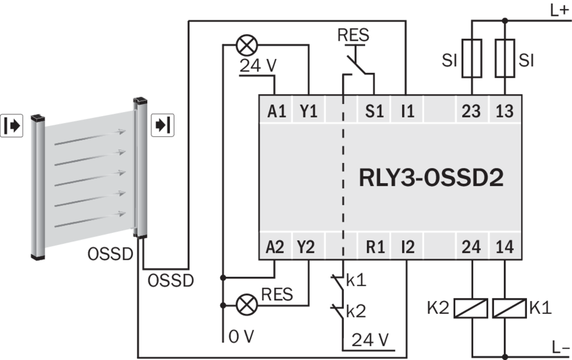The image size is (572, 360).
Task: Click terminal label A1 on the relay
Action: click(276, 112)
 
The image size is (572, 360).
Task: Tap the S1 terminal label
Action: click(373, 112)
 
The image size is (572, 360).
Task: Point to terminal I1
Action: click(406, 112)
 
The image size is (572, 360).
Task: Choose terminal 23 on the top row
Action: click(472, 112)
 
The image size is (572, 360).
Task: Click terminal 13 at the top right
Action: click(504, 112)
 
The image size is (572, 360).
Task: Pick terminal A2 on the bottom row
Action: click(276, 247)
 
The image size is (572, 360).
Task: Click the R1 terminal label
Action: click(373, 247)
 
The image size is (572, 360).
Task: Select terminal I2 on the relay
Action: click(406, 247)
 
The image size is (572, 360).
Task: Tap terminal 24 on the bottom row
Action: click(472, 247)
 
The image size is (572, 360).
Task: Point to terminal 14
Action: click(504, 247)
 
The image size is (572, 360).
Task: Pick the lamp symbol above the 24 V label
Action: click(246, 44)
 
